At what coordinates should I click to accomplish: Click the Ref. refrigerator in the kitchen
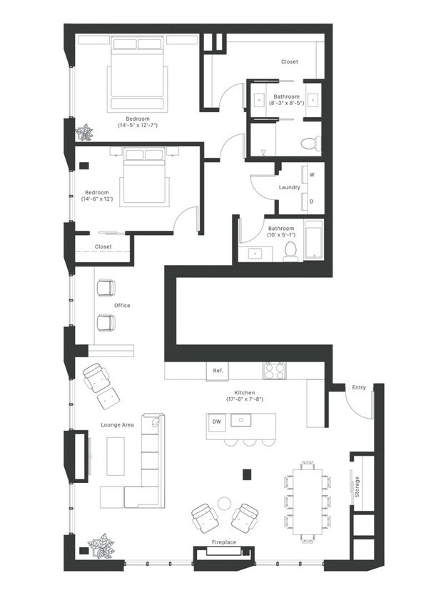[x=218, y=372]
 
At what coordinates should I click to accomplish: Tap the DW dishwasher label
[x=217, y=422]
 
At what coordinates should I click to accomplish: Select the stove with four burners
[x=275, y=371]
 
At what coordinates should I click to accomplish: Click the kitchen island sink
[x=241, y=420]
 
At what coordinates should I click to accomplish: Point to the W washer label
[x=312, y=174]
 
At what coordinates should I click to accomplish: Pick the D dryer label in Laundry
[x=312, y=201]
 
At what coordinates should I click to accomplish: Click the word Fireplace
[x=224, y=542]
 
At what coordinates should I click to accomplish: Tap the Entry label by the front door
[x=359, y=388]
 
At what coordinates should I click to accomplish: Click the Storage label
[x=357, y=487]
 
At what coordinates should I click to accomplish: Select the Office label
[x=122, y=305]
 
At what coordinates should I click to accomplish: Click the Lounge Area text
[x=117, y=425]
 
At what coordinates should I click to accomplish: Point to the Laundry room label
[x=289, y=187]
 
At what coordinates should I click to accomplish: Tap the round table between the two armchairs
[x=224, y=503]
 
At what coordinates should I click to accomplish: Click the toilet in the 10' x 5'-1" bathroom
[x=290, y=252]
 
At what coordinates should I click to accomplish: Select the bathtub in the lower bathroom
[x=314, y=239]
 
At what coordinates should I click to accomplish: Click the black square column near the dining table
[x=247, y=474]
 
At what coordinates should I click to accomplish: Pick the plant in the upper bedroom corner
[x=84, y=133]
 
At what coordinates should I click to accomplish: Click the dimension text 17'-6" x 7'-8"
[x=245, y=399]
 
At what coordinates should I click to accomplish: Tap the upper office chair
[x=106, y=288]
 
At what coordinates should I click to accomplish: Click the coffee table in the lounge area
[x=116, y=456]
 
